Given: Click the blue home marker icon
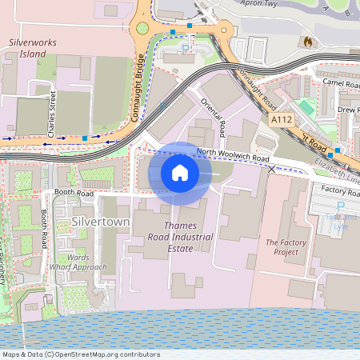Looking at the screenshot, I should click(180, 173).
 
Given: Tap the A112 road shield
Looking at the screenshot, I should click(280, 119).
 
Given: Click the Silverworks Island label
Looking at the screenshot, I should click(28, 47).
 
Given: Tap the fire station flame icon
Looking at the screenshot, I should click(307, 40).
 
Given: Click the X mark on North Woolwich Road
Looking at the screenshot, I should click(272, 170).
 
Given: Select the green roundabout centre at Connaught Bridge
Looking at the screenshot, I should click(142, 29).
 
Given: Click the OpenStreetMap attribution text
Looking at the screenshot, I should click(80, 354).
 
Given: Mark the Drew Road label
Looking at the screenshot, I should click(347, 109).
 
